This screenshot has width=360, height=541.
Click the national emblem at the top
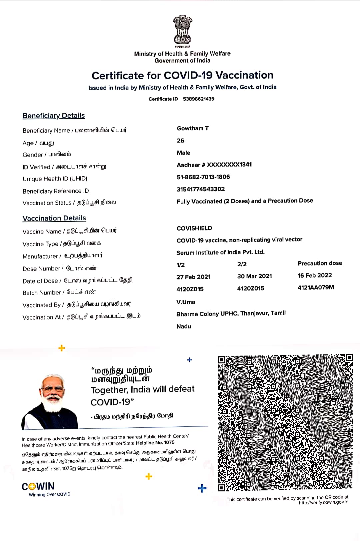point(182,31)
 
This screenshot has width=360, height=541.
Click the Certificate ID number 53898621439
point(199,99)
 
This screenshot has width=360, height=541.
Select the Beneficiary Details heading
point(54,116)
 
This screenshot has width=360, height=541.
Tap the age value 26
point(181,141)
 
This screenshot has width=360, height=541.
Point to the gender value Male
point(184,153)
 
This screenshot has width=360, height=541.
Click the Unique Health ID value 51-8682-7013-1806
point(203,177)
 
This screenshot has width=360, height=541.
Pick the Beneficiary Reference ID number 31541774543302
point(201,189)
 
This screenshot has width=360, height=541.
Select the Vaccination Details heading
point(54,218)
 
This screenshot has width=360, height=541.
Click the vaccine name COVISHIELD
point(194,228)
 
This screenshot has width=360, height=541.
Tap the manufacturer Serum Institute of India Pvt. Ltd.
point(221,252)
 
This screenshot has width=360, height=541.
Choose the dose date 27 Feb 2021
point(194,277)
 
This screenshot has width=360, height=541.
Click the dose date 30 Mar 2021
point(255,276)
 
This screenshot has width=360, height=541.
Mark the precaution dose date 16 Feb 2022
point(315,275)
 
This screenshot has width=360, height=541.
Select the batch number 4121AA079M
point(316,287)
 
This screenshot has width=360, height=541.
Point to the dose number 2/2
point(242,264)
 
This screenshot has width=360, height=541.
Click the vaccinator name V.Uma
point(186,302)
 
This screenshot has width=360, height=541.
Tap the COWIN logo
point(38,486)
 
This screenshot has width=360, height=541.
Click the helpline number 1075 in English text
point(169,443)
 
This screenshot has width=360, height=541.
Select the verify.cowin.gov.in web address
point(323,502)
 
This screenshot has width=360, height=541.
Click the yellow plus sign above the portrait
point(62,348)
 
